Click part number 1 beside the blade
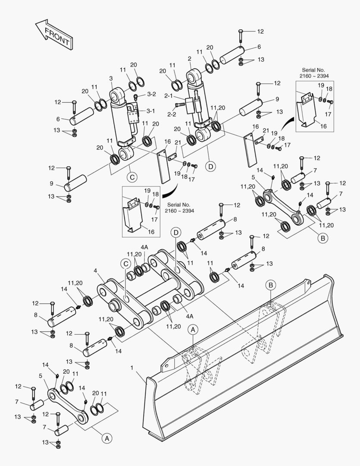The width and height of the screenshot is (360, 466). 132,368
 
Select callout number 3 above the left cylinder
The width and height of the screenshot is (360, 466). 111,79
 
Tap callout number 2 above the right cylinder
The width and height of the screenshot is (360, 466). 190,58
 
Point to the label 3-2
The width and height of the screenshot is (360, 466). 151,94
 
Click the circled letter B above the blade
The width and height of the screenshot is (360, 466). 270,284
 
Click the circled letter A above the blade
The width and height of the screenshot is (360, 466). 193,330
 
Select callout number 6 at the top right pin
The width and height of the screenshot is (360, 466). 259,47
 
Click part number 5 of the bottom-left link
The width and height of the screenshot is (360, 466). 40,376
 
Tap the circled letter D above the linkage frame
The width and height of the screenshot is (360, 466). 175,232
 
